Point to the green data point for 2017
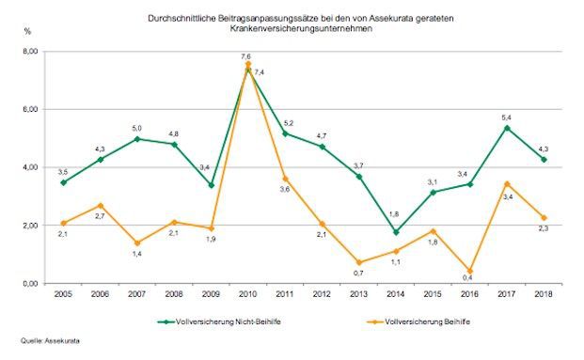[x=506, y=128]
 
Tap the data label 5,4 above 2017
[x=504, y=116]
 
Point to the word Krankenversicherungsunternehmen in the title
[x=292, y=28]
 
